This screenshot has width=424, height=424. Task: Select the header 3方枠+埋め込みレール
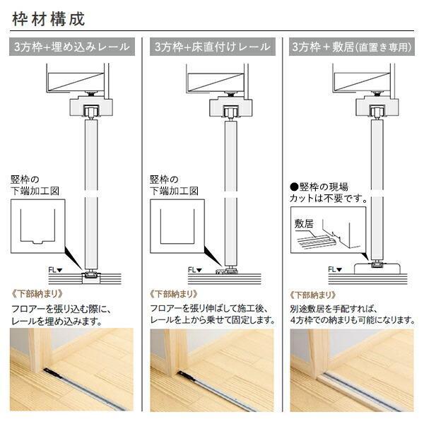point(71,47)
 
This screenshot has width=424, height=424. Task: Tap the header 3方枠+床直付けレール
point(212,47)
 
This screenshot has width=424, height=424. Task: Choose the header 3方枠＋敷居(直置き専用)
point(351,47)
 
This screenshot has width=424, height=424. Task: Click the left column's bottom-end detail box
point(38,226)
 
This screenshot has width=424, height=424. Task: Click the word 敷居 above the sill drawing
point(302,223)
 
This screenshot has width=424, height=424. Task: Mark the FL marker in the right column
point(335,269)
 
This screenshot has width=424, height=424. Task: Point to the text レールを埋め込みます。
point(57,320)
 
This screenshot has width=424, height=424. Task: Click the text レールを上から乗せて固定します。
point(212,320)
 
